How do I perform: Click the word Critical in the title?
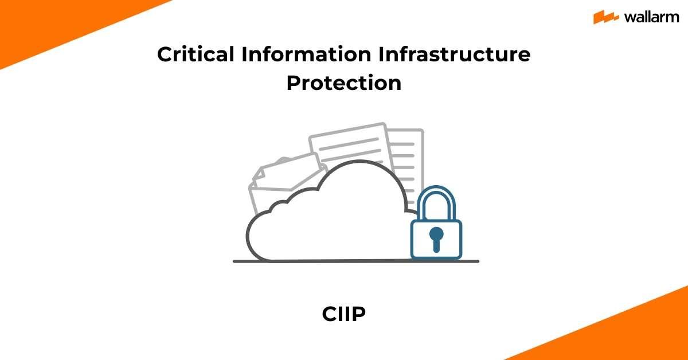coord(196,55)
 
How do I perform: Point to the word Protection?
coord(344,83)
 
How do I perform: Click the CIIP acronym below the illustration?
coord(344,315)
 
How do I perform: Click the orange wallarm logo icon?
coord(606,17)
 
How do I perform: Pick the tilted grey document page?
coord(347,146)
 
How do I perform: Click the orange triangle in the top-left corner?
coord(40,23)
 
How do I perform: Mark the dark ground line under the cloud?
coord(355,261)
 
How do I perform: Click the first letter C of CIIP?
coord(329,315)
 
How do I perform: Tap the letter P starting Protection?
coord(294,83)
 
